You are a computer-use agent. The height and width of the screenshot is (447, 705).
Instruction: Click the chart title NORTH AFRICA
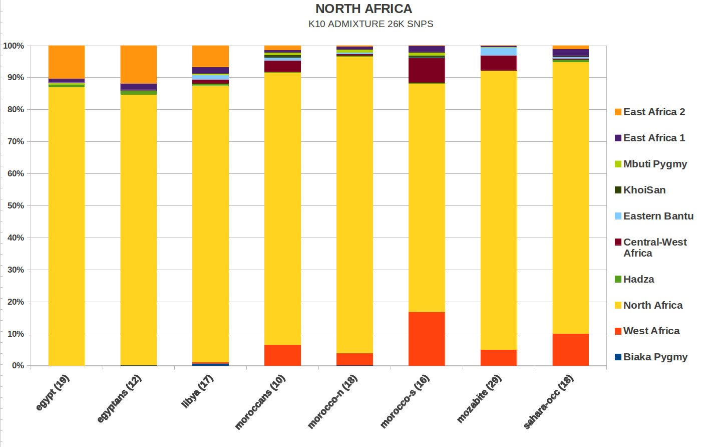click(364, 9)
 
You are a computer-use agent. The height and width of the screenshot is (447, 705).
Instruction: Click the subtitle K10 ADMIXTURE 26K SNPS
click(371, 24)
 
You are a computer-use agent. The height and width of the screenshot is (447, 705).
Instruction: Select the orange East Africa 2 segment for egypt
click(67, 62)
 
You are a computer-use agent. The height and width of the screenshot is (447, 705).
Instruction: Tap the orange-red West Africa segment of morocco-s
click(427, 339)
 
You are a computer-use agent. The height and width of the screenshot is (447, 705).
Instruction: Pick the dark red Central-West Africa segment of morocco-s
click(427, 70)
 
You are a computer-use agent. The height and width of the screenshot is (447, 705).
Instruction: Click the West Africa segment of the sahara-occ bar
click(571, 349)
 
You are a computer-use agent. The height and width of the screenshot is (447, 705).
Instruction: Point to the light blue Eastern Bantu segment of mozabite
click(499, 52)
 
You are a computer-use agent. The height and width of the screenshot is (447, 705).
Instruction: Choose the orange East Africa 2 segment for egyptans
click(139, 64)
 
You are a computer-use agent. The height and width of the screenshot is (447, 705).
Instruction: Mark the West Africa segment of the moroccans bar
click(283, 355)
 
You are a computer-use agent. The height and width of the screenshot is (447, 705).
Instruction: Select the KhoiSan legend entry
click(644, 190)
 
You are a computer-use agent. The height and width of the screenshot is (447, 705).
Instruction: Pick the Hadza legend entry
click(638, 279)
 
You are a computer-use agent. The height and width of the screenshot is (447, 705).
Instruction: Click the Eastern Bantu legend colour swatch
click(618, 216)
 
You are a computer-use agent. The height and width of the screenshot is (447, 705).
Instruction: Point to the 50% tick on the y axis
click(16, 205)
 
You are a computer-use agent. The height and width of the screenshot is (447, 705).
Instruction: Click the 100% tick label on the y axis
click(14, 46)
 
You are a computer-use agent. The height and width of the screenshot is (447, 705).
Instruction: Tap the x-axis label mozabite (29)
click(479, 398)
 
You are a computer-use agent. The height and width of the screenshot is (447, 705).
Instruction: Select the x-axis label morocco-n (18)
click(332, 401)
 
